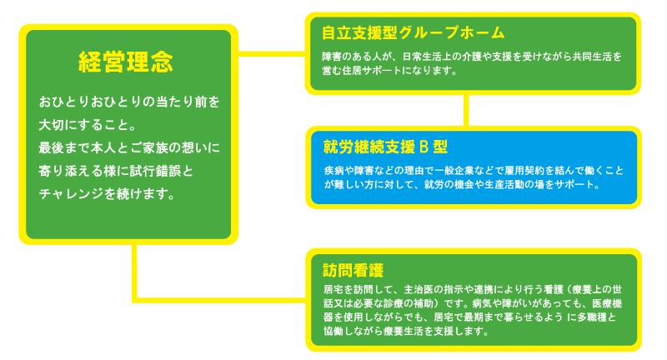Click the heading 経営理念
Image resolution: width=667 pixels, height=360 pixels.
[126, 61]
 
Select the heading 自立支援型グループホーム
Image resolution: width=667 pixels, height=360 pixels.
[414, 32]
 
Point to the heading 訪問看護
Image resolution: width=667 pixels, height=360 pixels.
[353, 269]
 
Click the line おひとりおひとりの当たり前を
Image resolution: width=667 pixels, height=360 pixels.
[129, 102]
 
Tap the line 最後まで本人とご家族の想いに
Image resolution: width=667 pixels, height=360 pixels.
[129, 148]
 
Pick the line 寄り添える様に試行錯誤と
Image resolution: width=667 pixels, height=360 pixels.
[116, 172]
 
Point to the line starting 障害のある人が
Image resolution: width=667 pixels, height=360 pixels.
[471, 56]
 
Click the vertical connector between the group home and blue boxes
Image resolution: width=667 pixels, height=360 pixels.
[467, 110]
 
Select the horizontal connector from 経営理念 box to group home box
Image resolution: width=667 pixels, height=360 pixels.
[272, 55]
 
